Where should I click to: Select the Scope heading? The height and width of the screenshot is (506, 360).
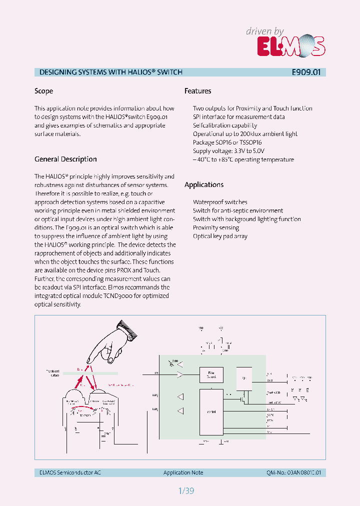point(43,91)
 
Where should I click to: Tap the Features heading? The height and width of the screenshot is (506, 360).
point(197,91)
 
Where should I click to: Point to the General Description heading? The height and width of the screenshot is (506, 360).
point(65,159)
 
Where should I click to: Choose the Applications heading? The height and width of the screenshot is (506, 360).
point(204,184)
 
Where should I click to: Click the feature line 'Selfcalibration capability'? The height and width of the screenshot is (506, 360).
point(225,125)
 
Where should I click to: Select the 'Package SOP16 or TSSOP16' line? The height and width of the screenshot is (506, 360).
point(227,142)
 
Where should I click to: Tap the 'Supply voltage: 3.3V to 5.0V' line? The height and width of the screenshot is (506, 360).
point(228,151)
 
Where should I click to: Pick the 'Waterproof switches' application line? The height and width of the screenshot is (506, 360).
point(220,202)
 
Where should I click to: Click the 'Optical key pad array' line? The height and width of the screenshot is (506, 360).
point(220,236)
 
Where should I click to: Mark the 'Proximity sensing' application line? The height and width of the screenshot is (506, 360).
point(216,227)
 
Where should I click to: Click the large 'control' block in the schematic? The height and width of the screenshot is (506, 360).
point(210,411)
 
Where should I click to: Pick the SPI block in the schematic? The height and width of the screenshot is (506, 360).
point(243,378)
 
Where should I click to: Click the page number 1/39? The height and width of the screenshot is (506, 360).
point(185,490)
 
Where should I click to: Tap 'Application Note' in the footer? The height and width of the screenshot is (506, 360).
point(183,472)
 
